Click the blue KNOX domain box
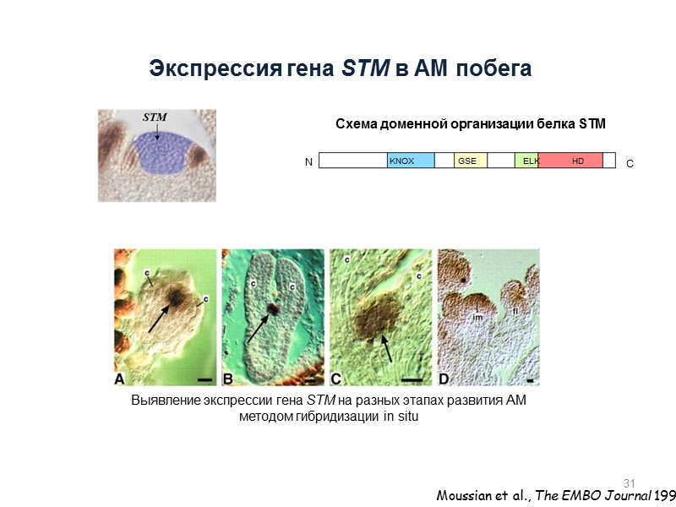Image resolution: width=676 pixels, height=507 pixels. pos(411,161)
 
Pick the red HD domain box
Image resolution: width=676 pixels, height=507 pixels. pos(570,161)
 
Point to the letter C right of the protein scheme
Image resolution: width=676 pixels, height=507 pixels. pos(630,169)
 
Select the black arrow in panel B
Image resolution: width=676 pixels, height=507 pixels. pos(259,327)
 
